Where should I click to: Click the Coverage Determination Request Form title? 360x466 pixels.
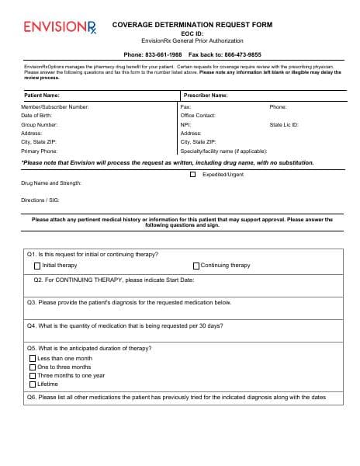(191, 25)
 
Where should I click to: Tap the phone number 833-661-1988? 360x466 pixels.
(164, 55)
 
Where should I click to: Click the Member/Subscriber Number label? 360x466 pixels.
(54, 106)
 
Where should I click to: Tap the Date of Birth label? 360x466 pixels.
(36, 115)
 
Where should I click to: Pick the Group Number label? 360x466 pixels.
(39, 124)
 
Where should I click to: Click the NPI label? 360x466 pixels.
(185, 124)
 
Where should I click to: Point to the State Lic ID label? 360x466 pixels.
(284, 124)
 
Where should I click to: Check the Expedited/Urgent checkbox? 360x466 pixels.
(193, 175)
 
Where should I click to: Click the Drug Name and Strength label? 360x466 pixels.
(50, 183)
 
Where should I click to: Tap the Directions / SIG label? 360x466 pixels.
(40, 200)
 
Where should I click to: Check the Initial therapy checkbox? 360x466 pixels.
(37, 266)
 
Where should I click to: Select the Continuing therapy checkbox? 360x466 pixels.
(196, 266)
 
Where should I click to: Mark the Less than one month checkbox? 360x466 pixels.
(33, 359)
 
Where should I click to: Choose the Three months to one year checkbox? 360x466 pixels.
(33, 376)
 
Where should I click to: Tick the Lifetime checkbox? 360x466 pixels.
(33, 384)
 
